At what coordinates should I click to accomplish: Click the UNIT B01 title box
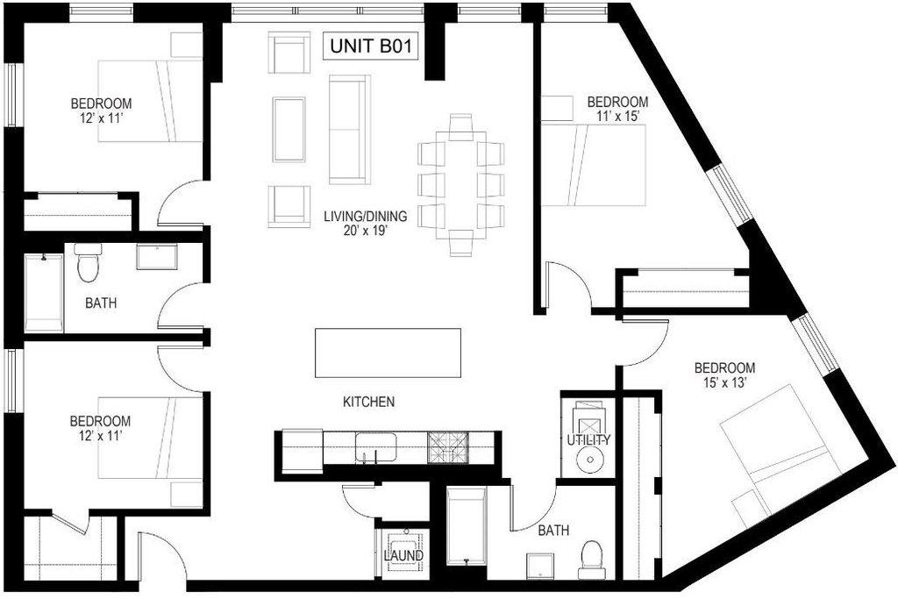coord(371,46)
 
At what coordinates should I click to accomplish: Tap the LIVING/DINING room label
coord(366,217)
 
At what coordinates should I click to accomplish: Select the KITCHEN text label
coord(369,402)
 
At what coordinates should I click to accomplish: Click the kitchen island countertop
coord(388,353)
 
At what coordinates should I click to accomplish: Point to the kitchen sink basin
coord(376,447)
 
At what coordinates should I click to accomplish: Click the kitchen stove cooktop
coord(447,447)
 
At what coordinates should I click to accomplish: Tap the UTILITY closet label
coord(588,439)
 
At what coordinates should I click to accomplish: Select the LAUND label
coord(403,555)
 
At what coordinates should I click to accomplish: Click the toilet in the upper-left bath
coord(89,263)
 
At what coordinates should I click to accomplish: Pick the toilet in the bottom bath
coord(592,560)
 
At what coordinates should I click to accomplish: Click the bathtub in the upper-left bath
coord(44,292)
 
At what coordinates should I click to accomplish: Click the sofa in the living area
coord(349,130)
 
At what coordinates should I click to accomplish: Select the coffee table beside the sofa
coord(289,130)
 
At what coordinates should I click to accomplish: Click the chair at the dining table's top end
coord(460,126)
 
